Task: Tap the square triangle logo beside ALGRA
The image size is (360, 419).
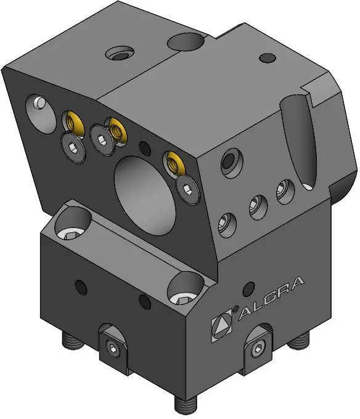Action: [221, 326]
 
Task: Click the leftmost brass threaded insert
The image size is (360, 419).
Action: [73, 122]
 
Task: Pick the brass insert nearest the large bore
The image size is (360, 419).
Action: [174, 163]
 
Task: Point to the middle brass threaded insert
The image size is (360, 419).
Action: [117, 129]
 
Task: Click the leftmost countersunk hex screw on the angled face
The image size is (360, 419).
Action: [73, 148]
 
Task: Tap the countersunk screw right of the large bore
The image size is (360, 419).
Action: [188, 190]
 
